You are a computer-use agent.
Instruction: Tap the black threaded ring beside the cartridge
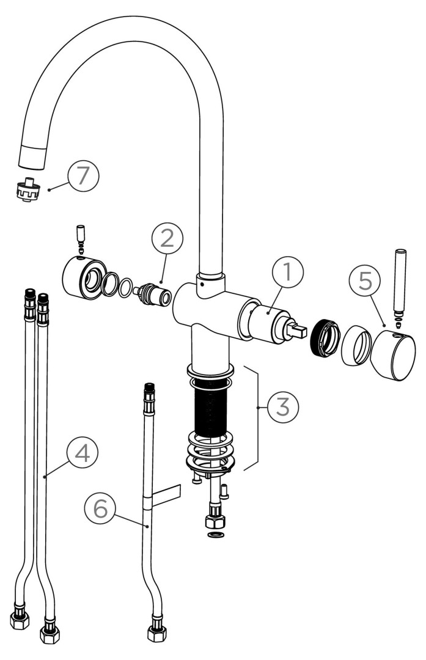(x=325, y=339)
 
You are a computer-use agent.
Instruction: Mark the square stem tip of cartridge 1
(x=299, y=331)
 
